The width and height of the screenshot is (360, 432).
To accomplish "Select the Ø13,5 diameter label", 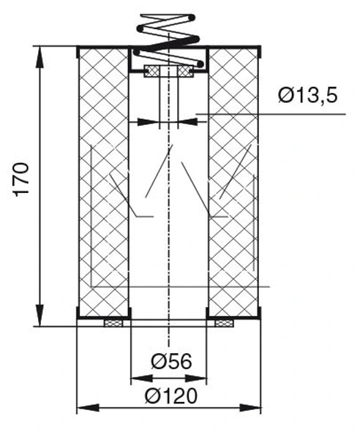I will point(307,96).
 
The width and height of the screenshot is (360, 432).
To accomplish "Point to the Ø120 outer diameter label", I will point(171,395).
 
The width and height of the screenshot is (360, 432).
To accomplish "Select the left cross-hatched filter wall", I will point(103,183).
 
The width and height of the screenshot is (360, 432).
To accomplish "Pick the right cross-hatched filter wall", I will point(233,183).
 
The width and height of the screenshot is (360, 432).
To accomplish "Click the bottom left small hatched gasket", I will point(114,322).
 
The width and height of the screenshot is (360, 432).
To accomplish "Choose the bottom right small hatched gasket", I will point(223,322).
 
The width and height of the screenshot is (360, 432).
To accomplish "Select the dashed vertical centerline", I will point(169,219).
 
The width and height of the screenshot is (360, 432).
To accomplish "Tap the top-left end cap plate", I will point(103,48).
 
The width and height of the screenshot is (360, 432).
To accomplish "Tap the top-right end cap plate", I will point(233,48).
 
